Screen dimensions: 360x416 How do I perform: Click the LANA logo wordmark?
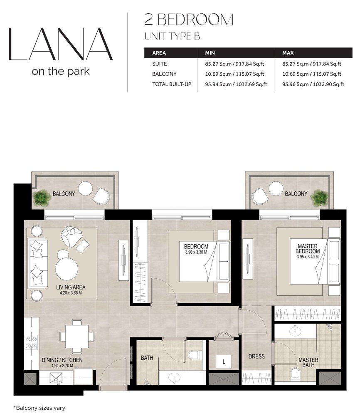click(61, 44)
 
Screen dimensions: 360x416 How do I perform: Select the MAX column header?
click(288, 53)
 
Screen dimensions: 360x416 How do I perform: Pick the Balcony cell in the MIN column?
click(234, 74)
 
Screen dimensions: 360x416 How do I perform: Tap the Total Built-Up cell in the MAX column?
click(313, 84)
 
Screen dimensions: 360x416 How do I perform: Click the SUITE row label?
click(159, 64)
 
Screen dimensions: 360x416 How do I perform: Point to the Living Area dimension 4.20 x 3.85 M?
click(71, 293)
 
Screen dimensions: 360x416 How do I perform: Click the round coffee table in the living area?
click(67, 269)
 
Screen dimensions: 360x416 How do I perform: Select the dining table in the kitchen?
click(77, 337)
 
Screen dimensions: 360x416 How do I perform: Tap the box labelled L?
click(224, 362)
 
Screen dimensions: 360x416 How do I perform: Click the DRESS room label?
click(256, 357)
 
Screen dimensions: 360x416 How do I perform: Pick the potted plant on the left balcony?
click(41, 198)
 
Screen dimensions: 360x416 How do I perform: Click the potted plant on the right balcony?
click(320, 198)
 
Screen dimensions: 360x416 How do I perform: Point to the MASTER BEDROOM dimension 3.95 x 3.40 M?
click(308, 257)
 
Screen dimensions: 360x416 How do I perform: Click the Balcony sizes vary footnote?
click(39, 408)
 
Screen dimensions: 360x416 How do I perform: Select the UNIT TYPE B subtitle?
click(172, 36)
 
